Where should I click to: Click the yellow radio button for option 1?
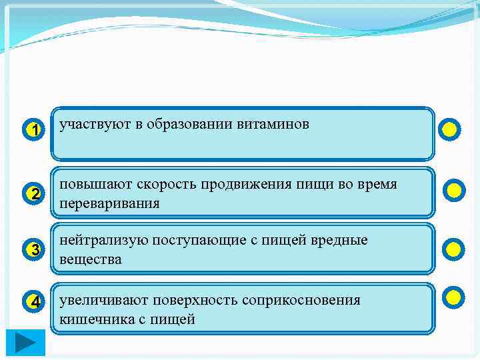[x=451, y=129]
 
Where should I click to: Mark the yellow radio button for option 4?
[x=453, y=297]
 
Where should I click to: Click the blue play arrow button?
[x=26, y=343]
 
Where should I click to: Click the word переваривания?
[x=109, y=203]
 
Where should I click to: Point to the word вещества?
[x=91, y=259]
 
